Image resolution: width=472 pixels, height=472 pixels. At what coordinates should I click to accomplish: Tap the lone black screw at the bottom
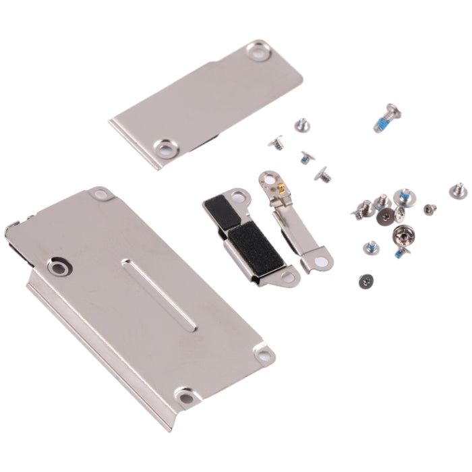365,278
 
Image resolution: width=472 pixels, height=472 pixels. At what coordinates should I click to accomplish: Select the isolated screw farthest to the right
459,189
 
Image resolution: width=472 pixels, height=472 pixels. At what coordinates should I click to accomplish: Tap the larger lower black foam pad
245,239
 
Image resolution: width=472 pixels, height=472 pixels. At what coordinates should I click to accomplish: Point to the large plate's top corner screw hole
101,195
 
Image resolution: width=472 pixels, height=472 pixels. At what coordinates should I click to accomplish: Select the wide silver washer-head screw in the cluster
403,237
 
